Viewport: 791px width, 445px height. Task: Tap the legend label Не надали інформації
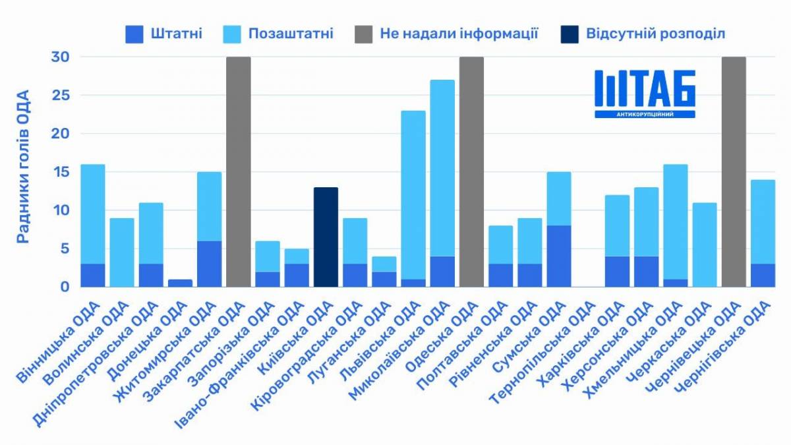tap(459, 34)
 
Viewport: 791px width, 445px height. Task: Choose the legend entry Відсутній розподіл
tap(655, 34)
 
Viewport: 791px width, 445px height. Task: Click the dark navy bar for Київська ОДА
tap(326, 237)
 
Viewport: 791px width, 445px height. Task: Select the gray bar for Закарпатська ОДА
tap(238, 171)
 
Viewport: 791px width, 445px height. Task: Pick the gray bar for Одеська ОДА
tap(471, 171)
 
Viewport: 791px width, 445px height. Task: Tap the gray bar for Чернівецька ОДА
tap(734, 171)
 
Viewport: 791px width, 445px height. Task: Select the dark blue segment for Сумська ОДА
tap(559, 256)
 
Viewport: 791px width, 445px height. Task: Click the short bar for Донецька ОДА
tap(180, 283)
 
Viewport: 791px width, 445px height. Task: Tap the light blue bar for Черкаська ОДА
tap(705, 245)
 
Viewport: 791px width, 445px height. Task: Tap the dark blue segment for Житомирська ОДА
tap(209, 264)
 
